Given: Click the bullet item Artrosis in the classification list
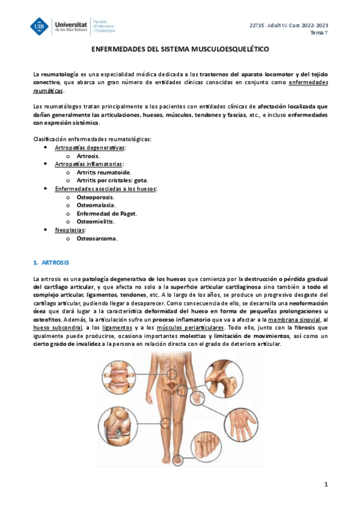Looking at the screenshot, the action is [x=88, y=155].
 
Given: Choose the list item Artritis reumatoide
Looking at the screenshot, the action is [x=103, y=171].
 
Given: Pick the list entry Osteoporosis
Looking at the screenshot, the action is [x=95, y=197].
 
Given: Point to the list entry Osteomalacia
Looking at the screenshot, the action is [x=96, y=205].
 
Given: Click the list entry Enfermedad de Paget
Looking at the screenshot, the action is [x=106, y=213].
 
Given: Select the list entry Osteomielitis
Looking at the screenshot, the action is [x=96, y=221].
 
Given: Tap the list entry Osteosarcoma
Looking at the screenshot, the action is [x=97, y=238].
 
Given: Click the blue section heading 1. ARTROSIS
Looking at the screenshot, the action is [x=52, y=263].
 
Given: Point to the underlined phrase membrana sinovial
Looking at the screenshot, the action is [x=293, y=319].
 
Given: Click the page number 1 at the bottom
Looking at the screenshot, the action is [x=325, y=484].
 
